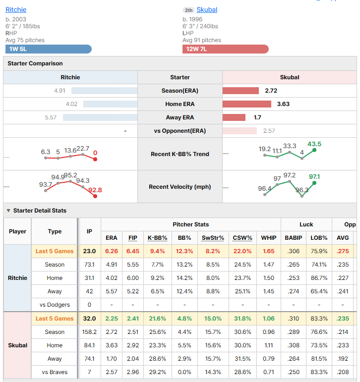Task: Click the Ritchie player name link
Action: [16, 10]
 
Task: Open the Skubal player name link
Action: [207, 10]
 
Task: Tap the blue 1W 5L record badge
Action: [49, 49]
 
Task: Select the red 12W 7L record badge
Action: [226, 49]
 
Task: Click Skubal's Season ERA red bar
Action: [240, 91]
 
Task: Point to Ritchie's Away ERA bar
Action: [100, 117]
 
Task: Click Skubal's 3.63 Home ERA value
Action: [283, 104]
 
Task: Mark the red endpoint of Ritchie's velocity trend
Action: [95, 196]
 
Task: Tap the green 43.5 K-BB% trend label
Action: [314, 144]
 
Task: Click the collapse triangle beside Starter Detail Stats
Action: [8, 211]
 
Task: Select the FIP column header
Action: [133, 238]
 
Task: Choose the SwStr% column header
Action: [213, 238]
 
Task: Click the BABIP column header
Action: [294, 238]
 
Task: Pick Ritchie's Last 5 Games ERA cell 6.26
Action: [112, 251]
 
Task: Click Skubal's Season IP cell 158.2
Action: [89, 332]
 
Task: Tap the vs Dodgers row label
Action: [55, 305]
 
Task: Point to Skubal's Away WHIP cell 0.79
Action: [269, 359]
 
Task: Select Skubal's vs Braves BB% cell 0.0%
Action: [184, 372]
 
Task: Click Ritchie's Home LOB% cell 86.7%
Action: [319, 278]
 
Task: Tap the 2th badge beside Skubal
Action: [188, 10]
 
